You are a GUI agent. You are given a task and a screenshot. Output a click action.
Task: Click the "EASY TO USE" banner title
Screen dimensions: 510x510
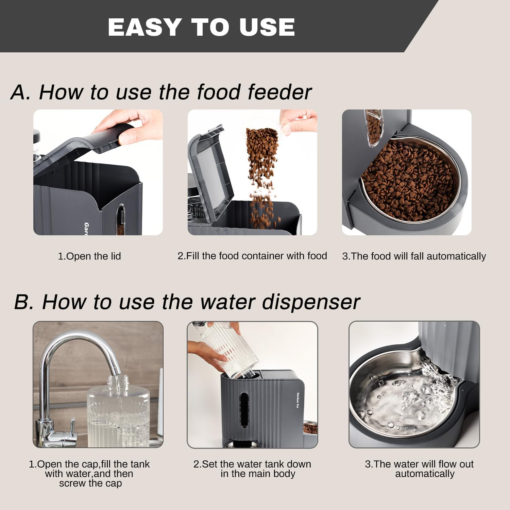tap(201, 27)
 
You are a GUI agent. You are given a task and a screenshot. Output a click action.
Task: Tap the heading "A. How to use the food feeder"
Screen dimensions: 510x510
tap(161, 92)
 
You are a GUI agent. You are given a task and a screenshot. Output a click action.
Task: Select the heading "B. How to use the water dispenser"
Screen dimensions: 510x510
tap(187, 302)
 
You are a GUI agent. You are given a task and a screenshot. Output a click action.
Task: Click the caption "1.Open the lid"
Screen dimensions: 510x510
tap(89, 256)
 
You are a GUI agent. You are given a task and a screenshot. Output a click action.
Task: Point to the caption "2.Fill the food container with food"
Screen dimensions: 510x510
tap(252, 256)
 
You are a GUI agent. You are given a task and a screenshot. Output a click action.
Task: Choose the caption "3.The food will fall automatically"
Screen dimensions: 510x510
tap(414, 256)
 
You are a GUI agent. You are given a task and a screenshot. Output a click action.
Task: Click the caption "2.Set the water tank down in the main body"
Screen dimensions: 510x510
tap(252, 469)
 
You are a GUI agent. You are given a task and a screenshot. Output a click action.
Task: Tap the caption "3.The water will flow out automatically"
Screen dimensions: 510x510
tap(419, 469)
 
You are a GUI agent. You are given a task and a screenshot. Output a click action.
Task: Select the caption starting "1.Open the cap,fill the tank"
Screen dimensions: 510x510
tap(89, 473)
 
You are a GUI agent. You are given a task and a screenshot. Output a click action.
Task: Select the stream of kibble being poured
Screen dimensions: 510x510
tap(262, 170)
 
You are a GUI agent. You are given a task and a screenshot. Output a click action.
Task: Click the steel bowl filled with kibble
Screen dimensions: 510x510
tap(408, 180)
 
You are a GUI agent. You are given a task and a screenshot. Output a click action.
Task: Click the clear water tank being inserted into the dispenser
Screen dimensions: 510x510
tap(231, 350)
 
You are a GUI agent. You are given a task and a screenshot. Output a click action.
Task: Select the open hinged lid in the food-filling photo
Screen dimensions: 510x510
tap(211, 170)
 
